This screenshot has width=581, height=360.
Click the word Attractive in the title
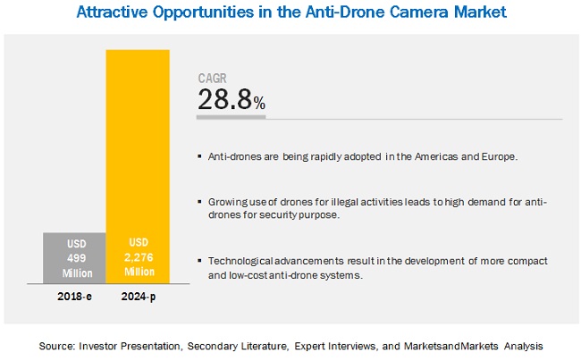click(115, 13)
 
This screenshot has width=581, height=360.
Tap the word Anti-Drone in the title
click(349, 13)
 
